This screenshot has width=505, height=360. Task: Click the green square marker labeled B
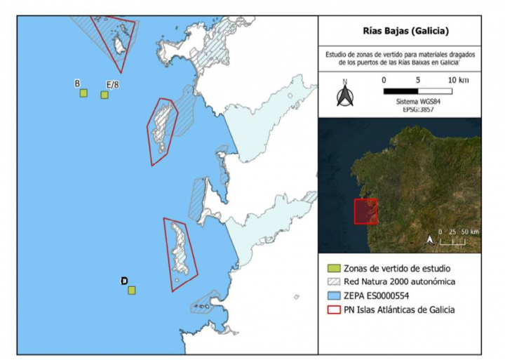pyautogui.click(x=83, y=93)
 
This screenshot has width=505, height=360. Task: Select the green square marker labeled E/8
pyautogui.click(x=105, y=95)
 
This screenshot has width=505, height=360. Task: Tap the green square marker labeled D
pyautogui.click(x=132, y=290)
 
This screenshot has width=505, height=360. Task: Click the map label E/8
pyautogui.click(x=112, y=85)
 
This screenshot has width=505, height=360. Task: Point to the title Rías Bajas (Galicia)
pyautogui.click(x=400, y=31)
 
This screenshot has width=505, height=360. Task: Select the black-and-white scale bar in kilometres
pyautogui.click(x=418, y=91)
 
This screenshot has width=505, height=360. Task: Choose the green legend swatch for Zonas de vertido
pyautogui.click(x=335, y=268)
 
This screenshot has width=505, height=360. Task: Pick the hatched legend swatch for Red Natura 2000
pyautogui.click(x=335, y=282)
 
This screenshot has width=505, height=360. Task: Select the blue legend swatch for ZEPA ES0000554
pyautogui.click(x=335, y=295)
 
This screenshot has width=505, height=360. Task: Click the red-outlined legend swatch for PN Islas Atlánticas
pyautogui.click(x=335, y=309)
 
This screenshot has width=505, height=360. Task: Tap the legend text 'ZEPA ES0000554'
pyautogui.click(x=382, y=295)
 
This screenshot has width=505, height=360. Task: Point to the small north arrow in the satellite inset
pyautogui.click(x=430, y=240)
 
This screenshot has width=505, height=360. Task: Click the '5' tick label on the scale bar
pyautogui.click(x=418, y=80)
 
